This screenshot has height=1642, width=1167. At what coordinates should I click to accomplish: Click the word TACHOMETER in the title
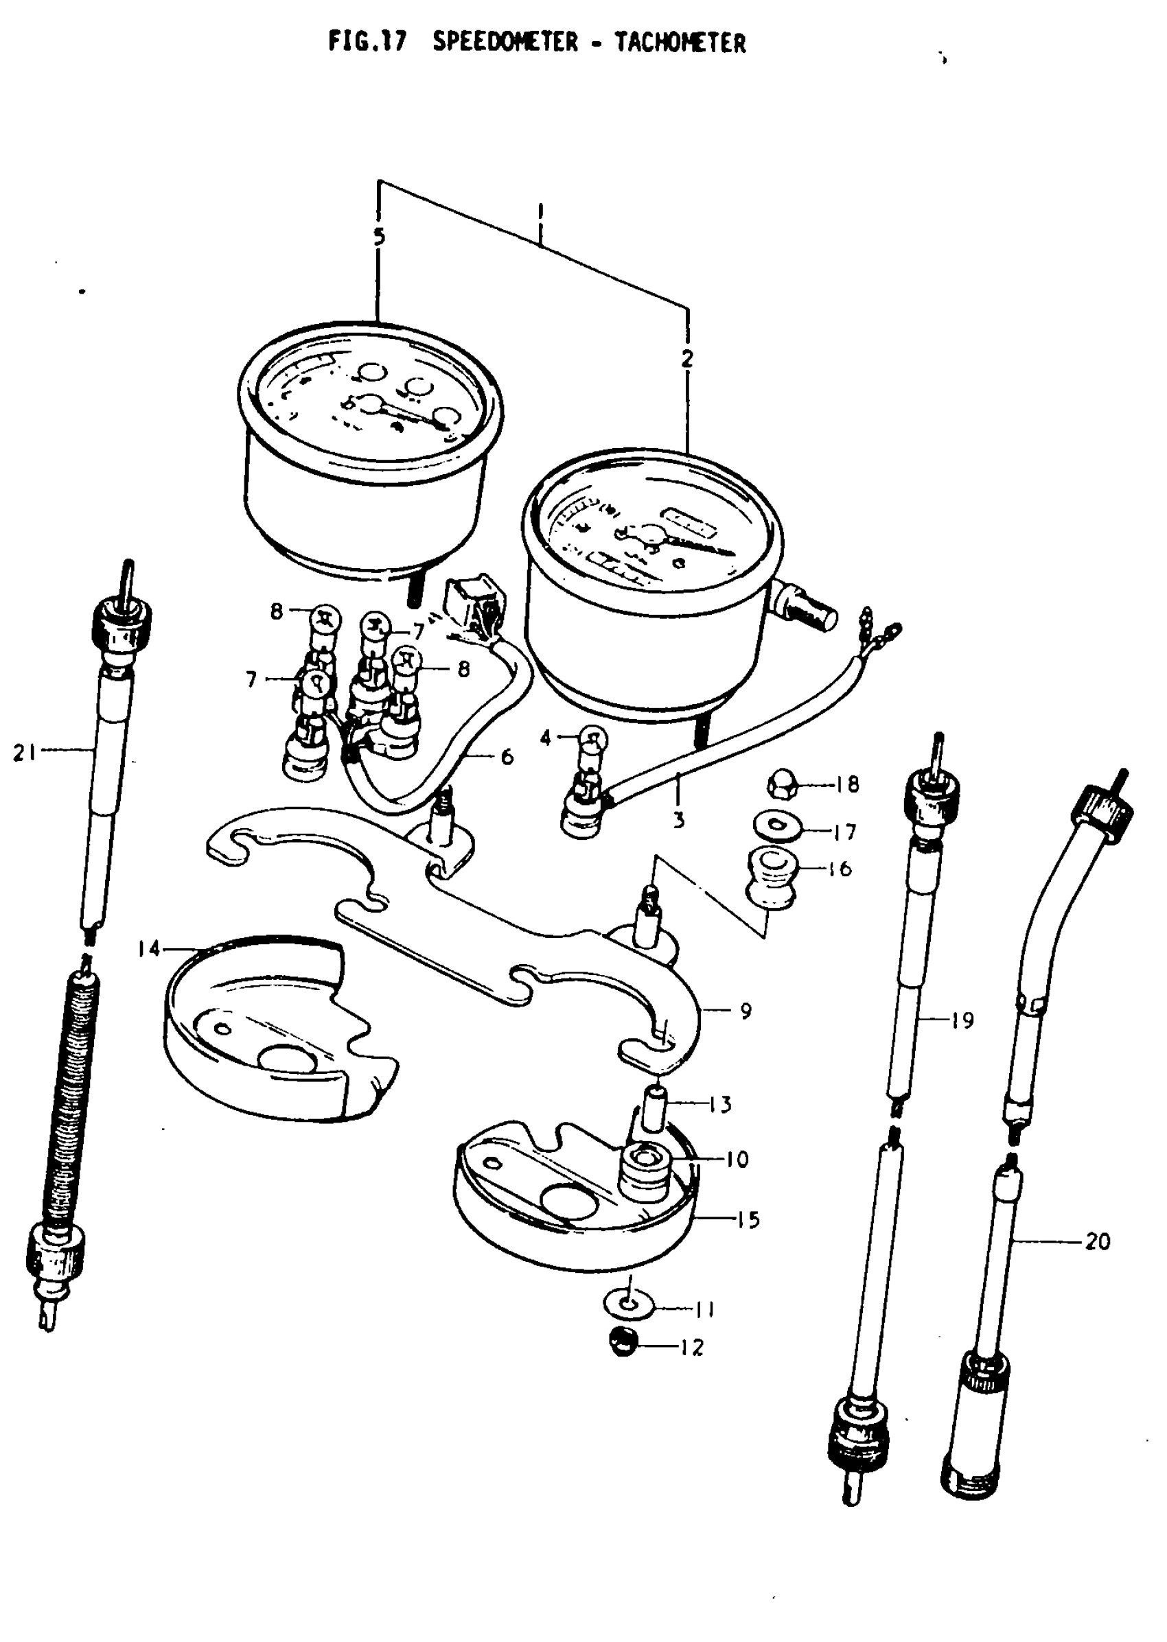[x=680, y=43]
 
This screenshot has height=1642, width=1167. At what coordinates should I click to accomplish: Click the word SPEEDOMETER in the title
[x=505, y=43]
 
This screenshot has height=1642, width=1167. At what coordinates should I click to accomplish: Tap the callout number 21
[x=25, y=753]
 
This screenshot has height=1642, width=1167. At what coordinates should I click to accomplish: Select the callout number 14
[x=150, y=949]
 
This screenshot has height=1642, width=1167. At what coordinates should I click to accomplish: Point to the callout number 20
[x=1097, y=1241]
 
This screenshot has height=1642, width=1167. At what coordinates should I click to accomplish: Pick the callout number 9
[x=746, y=1011]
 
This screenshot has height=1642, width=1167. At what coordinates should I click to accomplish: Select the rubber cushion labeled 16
[x=770, y=877]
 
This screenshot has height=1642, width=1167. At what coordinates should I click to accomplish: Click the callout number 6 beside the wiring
[x=507, y=756]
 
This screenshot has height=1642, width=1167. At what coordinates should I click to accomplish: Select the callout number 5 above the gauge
[x=379, y=236]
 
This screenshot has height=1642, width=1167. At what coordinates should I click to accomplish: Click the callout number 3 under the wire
[x=678, y=819]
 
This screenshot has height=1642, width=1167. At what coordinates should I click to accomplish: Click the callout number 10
[x=737, y=1160]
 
